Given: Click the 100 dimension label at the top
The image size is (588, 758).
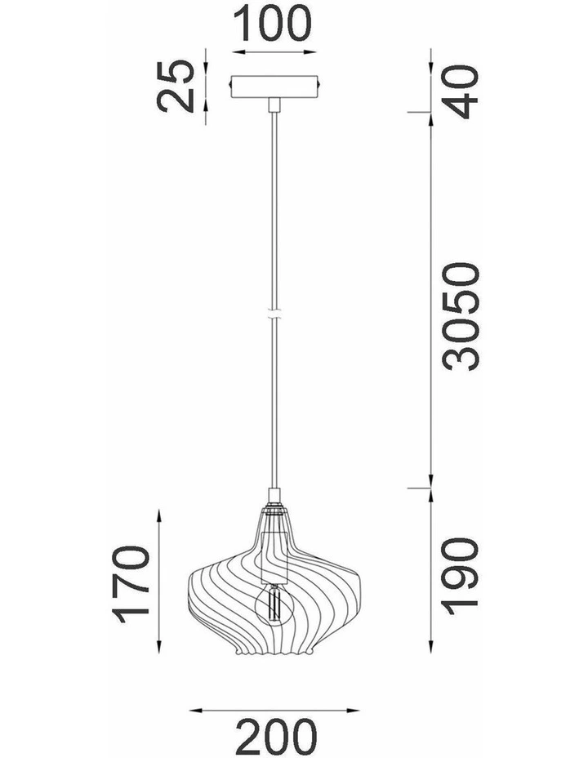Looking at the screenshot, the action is coord(273,24).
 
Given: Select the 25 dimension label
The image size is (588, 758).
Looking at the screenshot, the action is coord(175,86).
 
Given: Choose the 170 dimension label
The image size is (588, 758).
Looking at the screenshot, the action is coord(131,584).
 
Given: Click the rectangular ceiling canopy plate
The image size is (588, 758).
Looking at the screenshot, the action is coord(274,87).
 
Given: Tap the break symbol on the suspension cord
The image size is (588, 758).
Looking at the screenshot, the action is coord(274,314).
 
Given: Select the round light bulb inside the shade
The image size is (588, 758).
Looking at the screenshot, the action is coord(274,602).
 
